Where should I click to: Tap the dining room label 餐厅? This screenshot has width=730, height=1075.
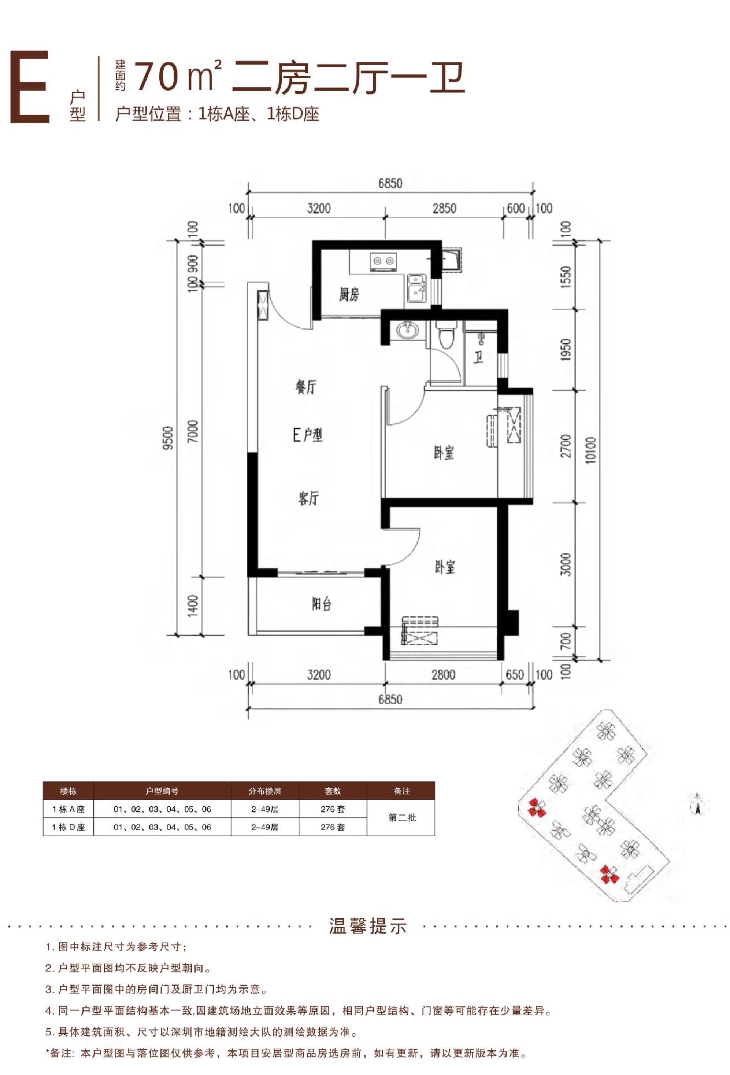coord(305,387)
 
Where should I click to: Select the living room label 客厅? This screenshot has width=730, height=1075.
coord(308,498)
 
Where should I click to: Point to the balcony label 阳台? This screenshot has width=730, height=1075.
coord(321,604)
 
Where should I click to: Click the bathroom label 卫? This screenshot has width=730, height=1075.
coord(478,358)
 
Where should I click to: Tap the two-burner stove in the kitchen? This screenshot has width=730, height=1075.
coord(384,261)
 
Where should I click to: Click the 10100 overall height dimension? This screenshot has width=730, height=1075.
coord(591,450)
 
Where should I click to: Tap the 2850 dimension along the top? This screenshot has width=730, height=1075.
coord(444,208)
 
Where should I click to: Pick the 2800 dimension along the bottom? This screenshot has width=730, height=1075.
coord(443,675)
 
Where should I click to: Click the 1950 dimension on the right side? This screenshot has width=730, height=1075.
coord(566,350)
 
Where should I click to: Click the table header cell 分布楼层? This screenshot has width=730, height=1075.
coord(264,791)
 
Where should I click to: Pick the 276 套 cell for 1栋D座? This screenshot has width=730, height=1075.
coord(333,827)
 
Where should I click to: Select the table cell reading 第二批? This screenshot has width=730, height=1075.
coord(402,818)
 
